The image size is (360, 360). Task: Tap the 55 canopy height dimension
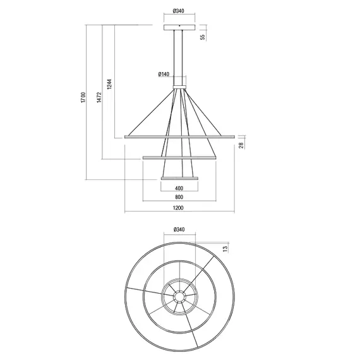203,37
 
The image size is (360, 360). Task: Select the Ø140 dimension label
164,75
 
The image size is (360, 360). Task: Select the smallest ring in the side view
179,179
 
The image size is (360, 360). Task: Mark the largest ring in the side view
179,136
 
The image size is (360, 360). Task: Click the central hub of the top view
179,296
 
